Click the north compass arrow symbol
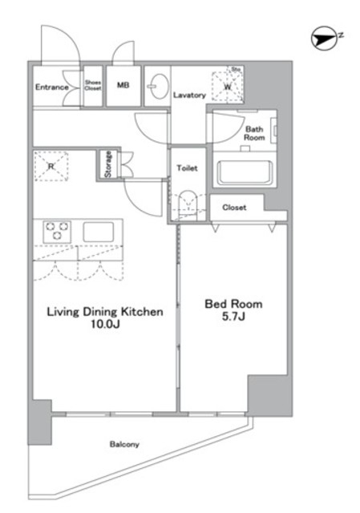324,38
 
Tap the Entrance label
51,87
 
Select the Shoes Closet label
93,85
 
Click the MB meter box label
123,85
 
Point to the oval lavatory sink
159,87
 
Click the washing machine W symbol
228,87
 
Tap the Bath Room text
254,133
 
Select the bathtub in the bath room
245,172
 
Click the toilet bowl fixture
188,205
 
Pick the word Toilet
187,168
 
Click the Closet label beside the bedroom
234,208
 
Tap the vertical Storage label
107,164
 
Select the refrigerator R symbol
51,166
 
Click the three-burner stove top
57,230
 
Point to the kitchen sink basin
98,232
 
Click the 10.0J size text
105,324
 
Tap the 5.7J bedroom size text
233,317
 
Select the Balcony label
124,444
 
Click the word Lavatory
189,95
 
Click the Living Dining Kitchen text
105,312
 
